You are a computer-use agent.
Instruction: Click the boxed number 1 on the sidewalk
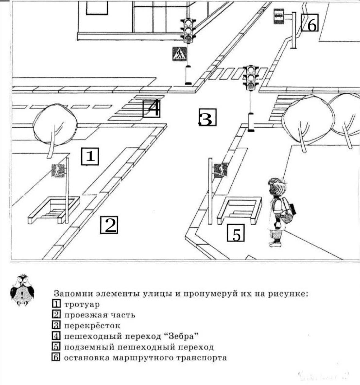pos(90,156)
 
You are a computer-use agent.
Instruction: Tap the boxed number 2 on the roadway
pos(109,225)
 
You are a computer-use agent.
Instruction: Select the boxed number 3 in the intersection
pos(207,118)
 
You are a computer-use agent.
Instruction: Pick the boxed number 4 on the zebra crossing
pos(151,108)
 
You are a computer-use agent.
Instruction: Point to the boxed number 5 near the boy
pos(235,233)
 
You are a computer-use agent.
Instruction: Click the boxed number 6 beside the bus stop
pos(310,23)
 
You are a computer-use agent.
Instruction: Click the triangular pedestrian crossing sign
pos(179,54)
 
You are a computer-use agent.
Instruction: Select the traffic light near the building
pos(188,31)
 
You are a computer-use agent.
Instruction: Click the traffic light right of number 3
pos(251,78)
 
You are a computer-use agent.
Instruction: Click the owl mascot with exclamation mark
pos(23,290)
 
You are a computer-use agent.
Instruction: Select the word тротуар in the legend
pos(82,305)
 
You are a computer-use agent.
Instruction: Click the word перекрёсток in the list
pos(92,326)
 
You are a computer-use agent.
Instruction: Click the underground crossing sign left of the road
pos(58,170)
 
